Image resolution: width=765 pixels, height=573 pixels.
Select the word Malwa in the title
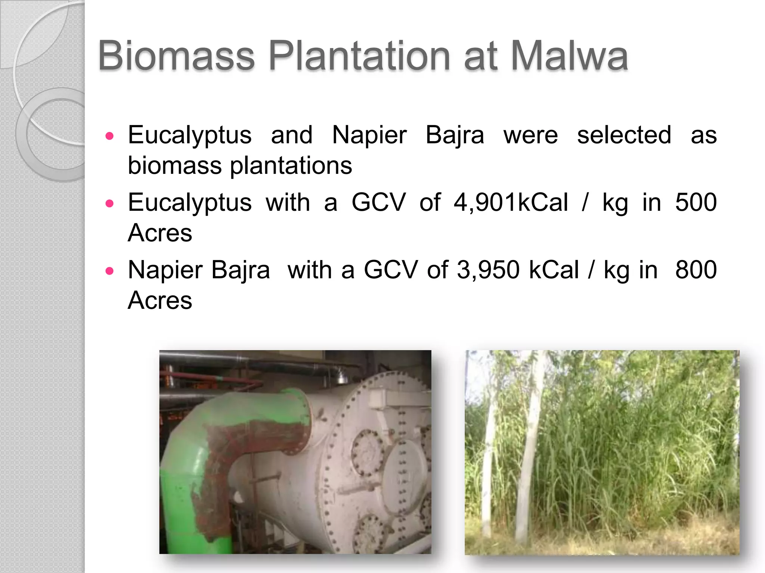[569, 56]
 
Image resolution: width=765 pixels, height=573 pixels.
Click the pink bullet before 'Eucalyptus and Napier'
[109, 136]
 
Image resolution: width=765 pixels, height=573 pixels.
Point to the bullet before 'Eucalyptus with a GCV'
[109, 203]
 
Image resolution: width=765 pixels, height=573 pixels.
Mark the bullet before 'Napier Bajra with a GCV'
[109, 271]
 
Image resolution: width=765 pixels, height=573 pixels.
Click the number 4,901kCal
[511, 203]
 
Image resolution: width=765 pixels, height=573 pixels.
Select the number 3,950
[488, 270]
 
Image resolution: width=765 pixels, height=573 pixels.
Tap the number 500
[696, 203]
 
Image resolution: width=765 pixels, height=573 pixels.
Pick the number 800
[696, 270]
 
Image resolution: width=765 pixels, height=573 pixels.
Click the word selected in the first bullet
[624, 135]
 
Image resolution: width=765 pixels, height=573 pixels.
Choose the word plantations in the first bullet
[291, 166]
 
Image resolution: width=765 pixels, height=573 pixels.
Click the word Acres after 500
[160, 233]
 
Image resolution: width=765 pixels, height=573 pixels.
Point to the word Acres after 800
[160, 300]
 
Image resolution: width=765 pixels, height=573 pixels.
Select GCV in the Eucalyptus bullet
[378, 203]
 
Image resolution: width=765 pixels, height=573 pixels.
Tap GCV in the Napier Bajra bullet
[391, 270]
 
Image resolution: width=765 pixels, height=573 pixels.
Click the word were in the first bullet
[530, 135]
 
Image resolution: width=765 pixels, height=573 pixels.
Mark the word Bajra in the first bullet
[455, 135]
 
